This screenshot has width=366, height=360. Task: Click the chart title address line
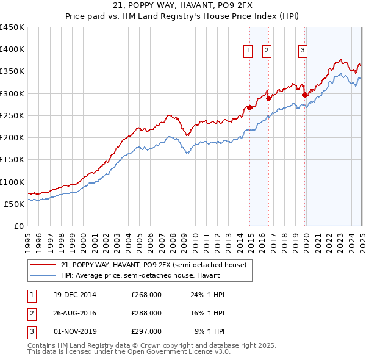[x=182, y=5]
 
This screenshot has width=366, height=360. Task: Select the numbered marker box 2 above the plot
[x=267, y=51]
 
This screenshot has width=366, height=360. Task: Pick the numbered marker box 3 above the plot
[x=303, y=51]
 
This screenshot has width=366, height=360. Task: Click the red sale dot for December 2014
[x=249, y=107]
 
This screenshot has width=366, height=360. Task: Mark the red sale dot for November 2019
[x=304, y=95]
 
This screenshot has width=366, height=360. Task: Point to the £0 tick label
[x=18, y=226]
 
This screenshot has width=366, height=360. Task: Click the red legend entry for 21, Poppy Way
[x=152, y=265]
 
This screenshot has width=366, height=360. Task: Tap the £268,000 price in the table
[x=146, y=295]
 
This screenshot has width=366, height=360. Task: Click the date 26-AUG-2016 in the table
[x=75, y=313]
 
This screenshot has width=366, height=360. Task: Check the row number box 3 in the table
[x=31, y=331]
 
